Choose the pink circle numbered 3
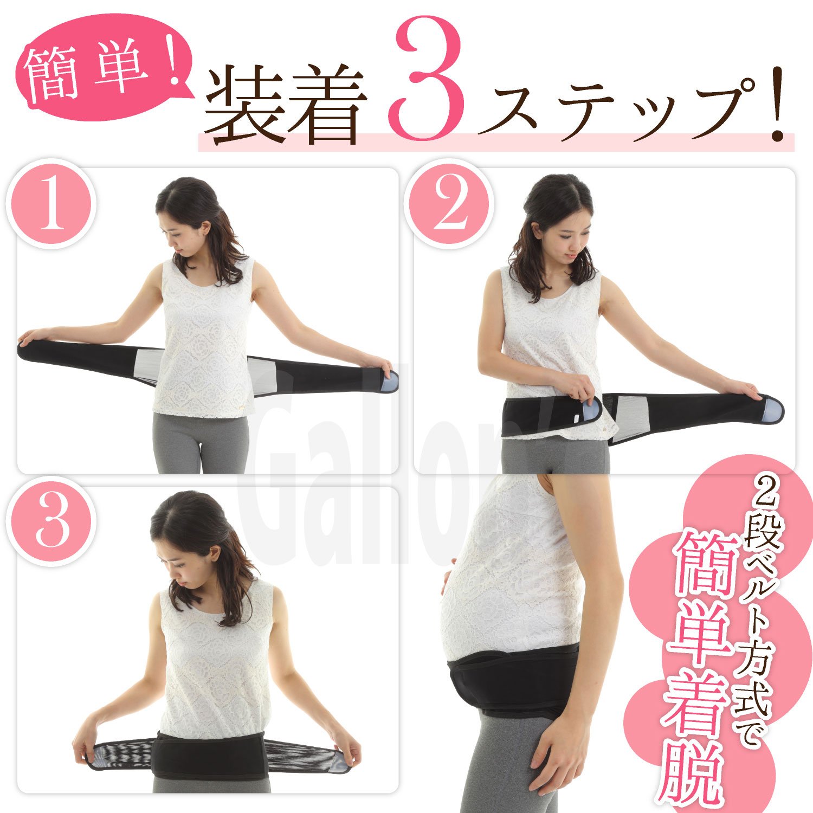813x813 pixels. click(51, 521)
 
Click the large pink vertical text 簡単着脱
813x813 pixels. click(699, 667)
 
